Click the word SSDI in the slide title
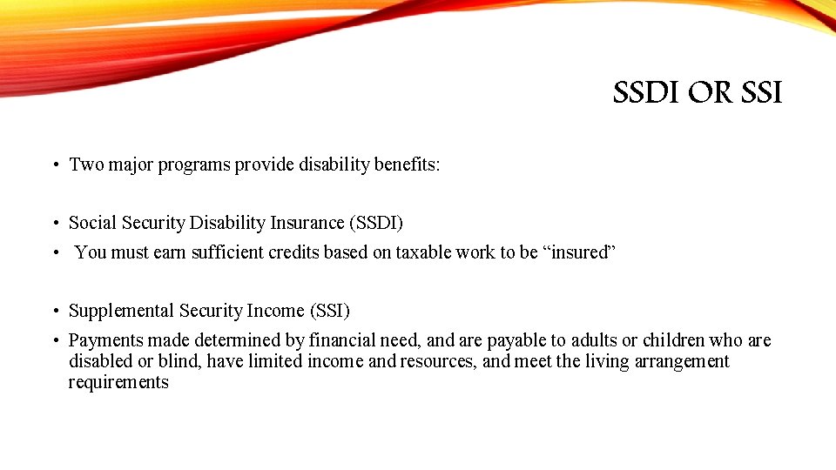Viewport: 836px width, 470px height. click(646, 92)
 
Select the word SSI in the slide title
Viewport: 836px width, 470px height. click(760, 92)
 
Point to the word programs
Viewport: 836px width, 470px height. click(196, 164)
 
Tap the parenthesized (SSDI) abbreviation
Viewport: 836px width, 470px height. click(376, 223)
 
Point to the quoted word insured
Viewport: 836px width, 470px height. click(580, 252)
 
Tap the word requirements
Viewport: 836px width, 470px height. click(118, 382)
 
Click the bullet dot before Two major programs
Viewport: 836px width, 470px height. click(54, 164)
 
